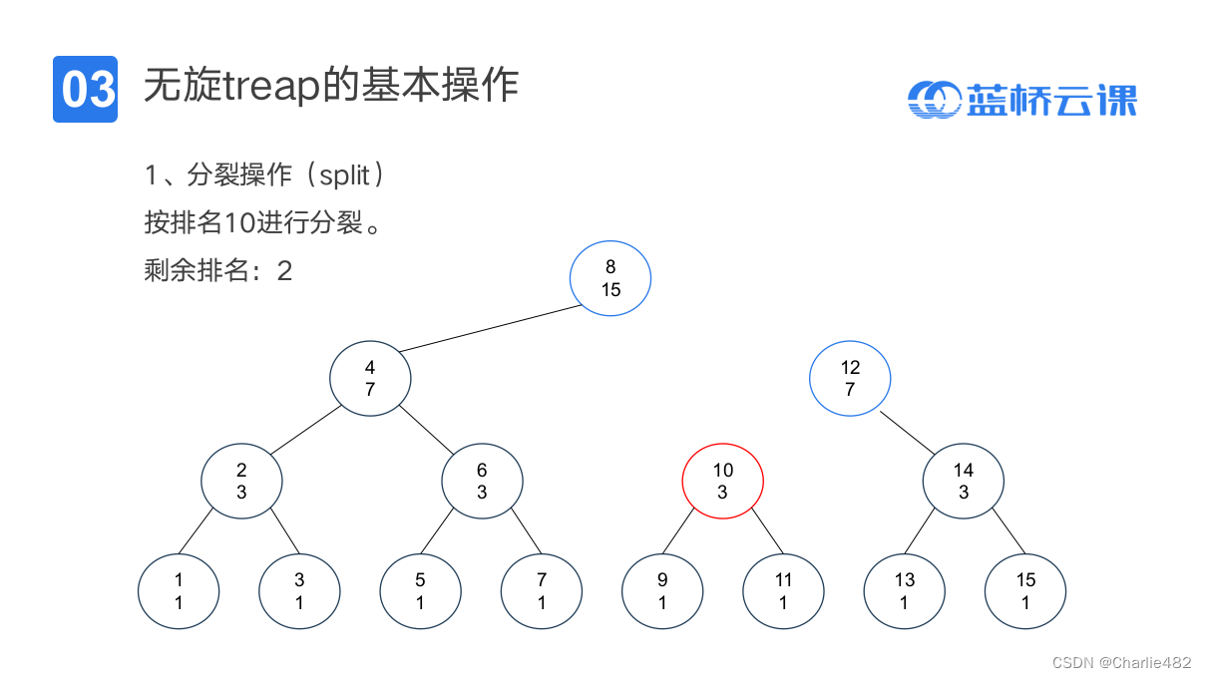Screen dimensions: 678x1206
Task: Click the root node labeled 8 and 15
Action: tap(610, 279)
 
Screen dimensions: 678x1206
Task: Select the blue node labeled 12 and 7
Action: tap(850, 379)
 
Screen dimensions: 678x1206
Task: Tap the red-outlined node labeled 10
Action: tap(722, 482)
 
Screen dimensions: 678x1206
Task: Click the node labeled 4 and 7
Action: tap(370, 379)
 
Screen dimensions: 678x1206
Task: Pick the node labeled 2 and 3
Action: tap(241, 482)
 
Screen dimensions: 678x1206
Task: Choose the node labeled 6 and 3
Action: tap(482, 482)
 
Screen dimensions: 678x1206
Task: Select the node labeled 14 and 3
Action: tap(963, 482)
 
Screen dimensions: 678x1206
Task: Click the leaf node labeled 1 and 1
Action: tap(179, 591)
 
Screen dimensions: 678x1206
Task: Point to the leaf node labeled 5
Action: tap(420, 591)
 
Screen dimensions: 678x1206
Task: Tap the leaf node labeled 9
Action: tap(662, 591)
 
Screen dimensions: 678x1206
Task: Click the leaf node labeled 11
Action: tap(783, 591)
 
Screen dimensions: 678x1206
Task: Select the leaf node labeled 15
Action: tap(1025, 591)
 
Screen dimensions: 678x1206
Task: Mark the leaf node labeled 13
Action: tap(904, 591)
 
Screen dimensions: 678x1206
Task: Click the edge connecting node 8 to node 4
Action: tap(490, 329)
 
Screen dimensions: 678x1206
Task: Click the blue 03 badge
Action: tap(86, 90)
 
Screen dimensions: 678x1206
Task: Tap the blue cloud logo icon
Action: tap(933, 99)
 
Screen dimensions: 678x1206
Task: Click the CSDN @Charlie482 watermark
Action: tap(1122, 662)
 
